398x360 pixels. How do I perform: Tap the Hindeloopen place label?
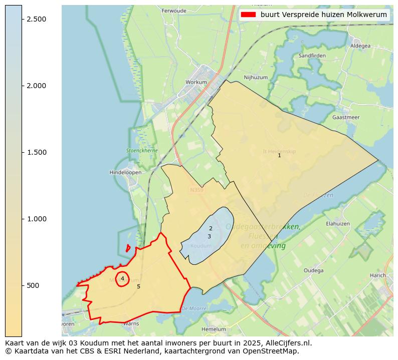coord(125,172)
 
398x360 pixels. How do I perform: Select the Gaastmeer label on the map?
coord(346,117)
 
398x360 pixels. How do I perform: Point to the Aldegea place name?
coord(360,46)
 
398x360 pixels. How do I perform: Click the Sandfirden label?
coord(312,56)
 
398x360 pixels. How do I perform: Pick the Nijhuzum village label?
coord(256,78)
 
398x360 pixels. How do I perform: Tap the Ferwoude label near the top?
coord(174,11)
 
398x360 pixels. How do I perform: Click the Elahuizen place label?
coord(338,224)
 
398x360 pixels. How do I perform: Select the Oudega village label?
coord(314,270)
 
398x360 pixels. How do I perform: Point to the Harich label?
coord(377,275)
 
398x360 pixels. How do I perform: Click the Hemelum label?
coord(214,329)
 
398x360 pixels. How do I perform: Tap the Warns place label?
coord(131,324)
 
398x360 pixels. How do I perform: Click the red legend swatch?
coord(248,15)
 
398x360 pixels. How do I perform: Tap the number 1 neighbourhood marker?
coord(279,155)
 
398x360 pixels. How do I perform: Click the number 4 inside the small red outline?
coord(122,278)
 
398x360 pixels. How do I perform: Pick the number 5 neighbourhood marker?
coord(138,286)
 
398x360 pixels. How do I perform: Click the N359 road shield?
coord(195,190)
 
